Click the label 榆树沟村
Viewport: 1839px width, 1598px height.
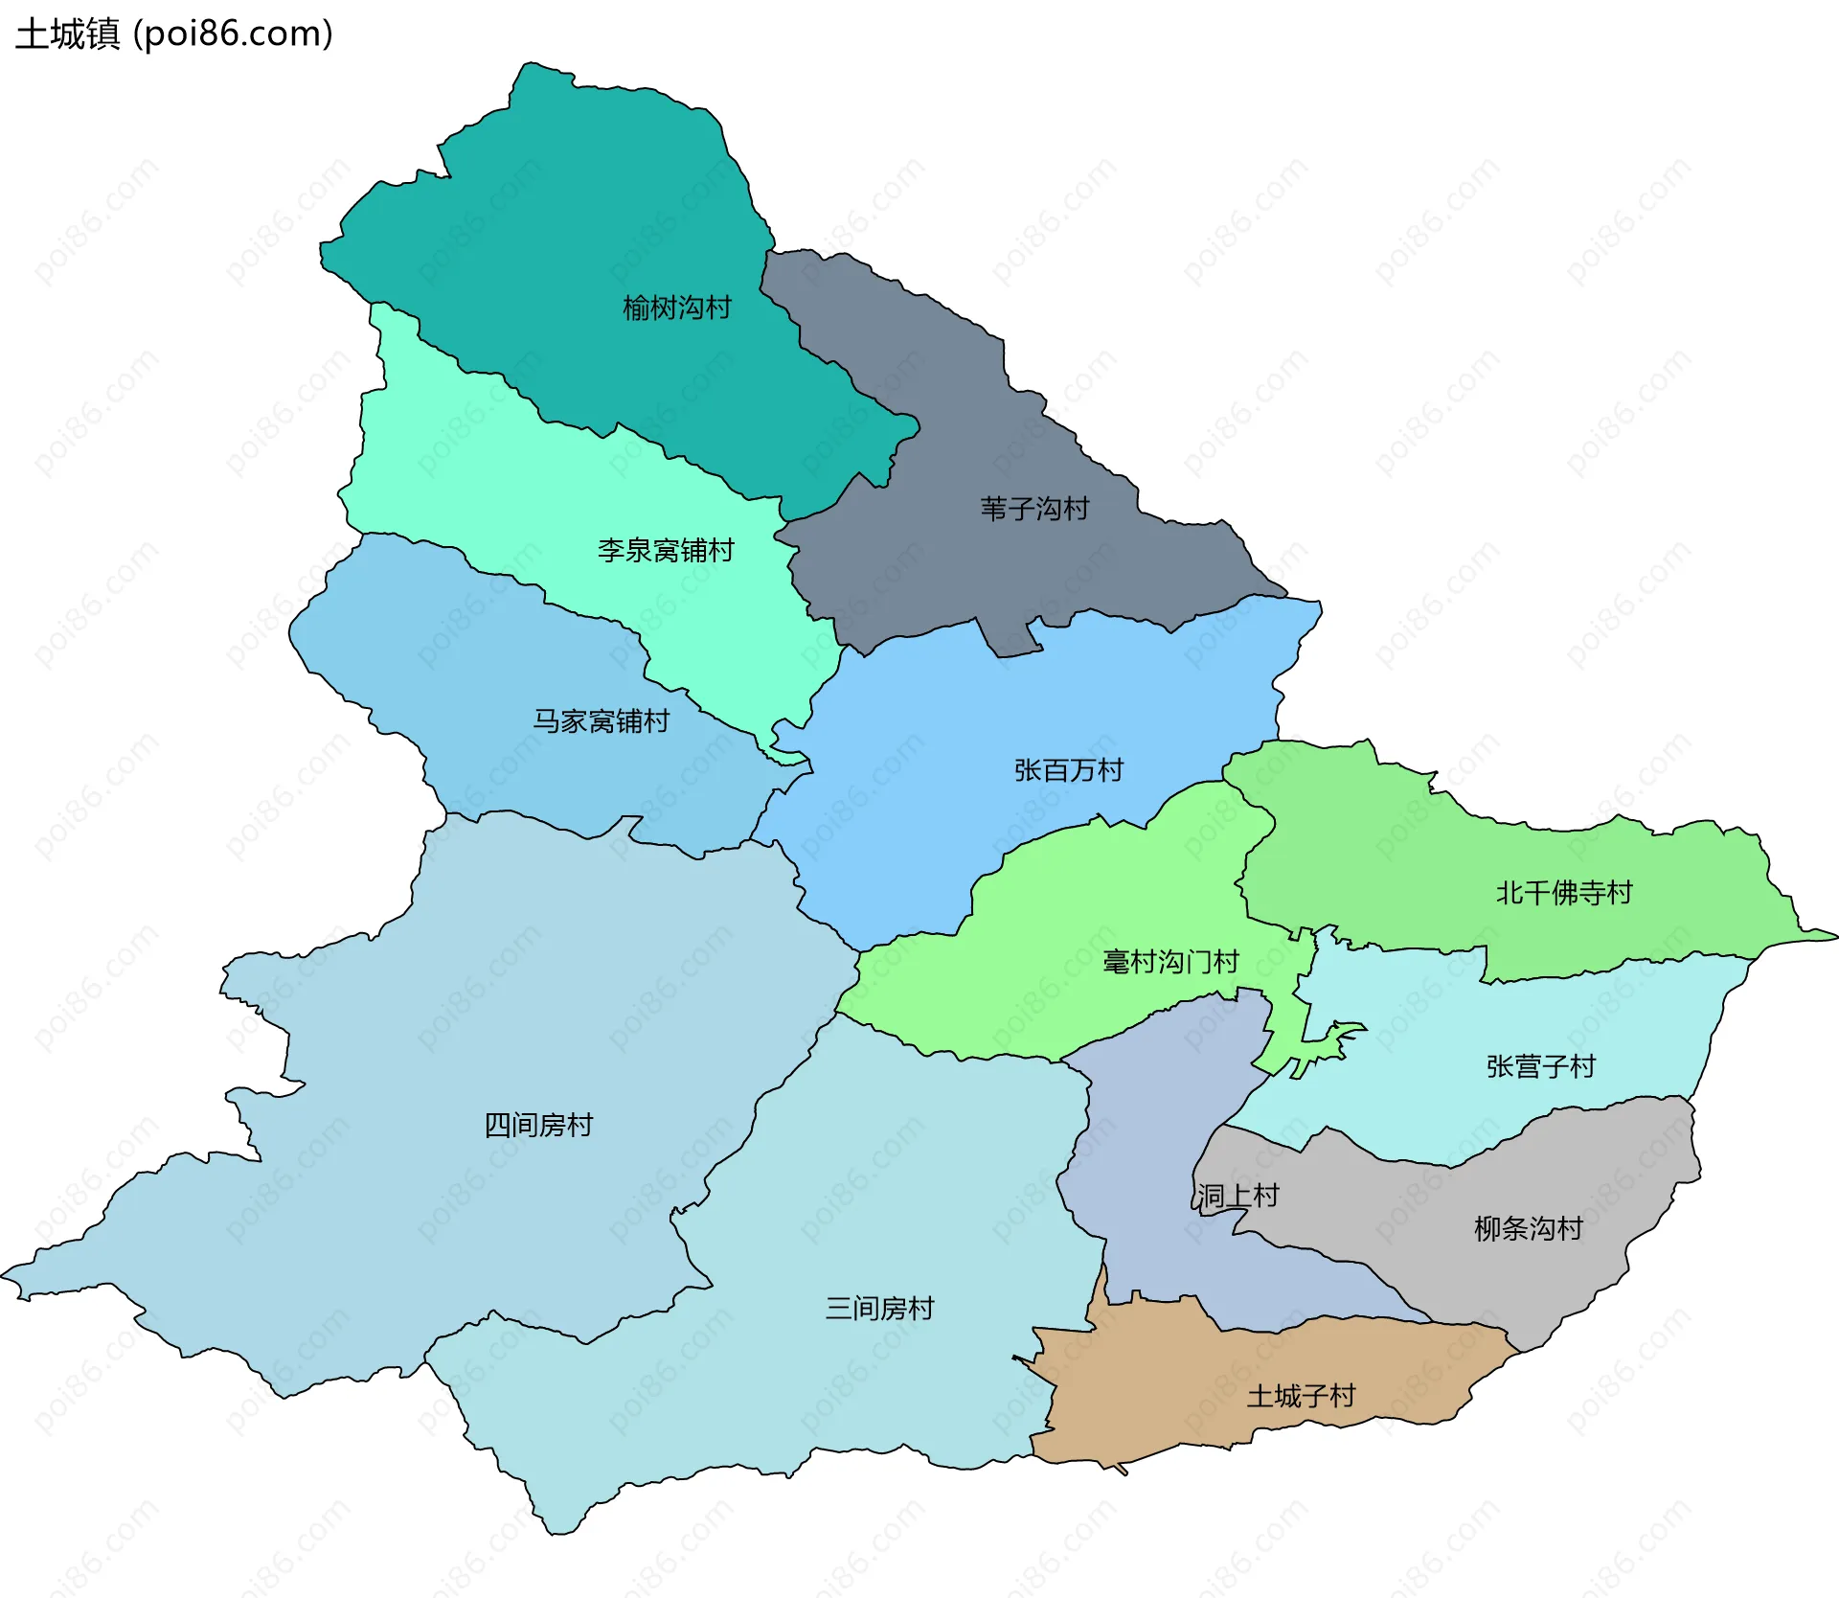pyautogui.click(x=676, y=308)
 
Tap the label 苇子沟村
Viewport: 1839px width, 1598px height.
pyautogui.click(x=1034, y=509)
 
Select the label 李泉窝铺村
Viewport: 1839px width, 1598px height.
pyautogui.click(x=666, y=551)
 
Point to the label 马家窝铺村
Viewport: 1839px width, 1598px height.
pyautogui.click(x=601, y=721)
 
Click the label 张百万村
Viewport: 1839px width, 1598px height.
pyautogui.click(x=1068, y=770)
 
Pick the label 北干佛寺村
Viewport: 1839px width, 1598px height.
pyautogui.click(x=1563, y=893)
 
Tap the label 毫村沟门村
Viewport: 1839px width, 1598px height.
pyautogui.click(x=1170, y=962)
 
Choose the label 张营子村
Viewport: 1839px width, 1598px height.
pyautogui.click(x=1540, y=1066)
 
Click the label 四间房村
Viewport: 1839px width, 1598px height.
pyautogui.click(x=538, y=1125)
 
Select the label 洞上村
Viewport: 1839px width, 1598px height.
pyautogui.click(x=1237, y=1196)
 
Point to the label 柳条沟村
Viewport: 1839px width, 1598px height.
pyautogui.click(x=1528, y=1228)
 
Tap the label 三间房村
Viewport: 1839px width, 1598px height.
pyautogui.click(x=879, y=1309)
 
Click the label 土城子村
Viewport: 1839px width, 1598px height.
pyautogui.click(x=1301, y=1396)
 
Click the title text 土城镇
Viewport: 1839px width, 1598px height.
pyautogui.click(x=67, y=34)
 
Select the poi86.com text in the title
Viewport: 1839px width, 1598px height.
pyautogui.click(x=234, y=34)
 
